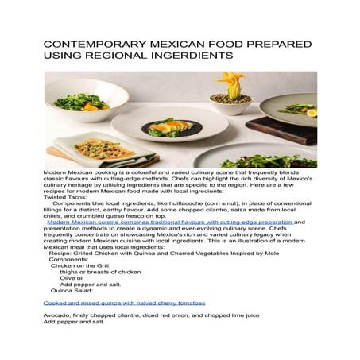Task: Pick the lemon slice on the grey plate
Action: point(311,114)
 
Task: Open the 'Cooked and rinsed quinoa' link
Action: point(124,303)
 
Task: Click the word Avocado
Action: point(57,316)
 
